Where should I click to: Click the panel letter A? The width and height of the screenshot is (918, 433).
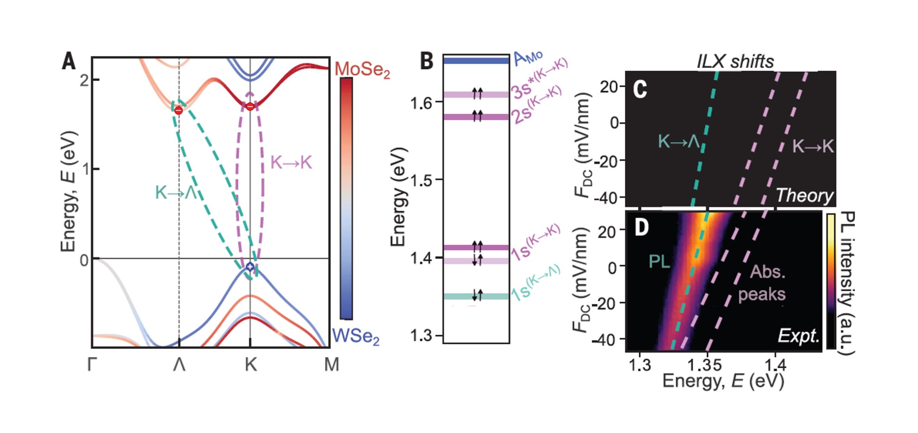(x=69, y=61)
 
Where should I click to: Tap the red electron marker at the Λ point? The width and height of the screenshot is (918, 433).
(x=179, y=111)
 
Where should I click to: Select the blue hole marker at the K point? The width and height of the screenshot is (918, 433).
(x=250, y=266)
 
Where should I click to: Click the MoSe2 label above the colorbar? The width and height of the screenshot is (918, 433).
(x=362, y=69)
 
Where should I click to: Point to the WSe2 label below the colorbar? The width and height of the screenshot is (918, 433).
(x=355, y=336)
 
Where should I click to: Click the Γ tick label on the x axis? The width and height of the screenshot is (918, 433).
(x=92, y=364)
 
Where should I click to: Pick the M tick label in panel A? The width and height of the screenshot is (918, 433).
(x=331, y=364)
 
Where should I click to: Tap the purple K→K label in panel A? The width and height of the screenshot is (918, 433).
(x=291, y=162)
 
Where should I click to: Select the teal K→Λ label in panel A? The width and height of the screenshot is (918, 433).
(x=176, y=193)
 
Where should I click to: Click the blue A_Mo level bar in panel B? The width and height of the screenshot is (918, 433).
(x=476, y=61)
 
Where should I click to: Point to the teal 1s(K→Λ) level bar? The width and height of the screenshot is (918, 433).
(x=476, y=296)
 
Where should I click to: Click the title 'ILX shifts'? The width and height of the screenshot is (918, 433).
(x=735, y=62)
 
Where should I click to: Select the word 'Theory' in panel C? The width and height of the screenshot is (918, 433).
(x=804, y=195)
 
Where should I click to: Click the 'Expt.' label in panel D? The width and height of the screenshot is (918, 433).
(x=799, y=335)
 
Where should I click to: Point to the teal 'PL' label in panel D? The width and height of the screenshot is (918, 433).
(x=659, y=262)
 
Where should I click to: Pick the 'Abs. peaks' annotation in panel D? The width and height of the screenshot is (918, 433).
(x=763, y=283)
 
